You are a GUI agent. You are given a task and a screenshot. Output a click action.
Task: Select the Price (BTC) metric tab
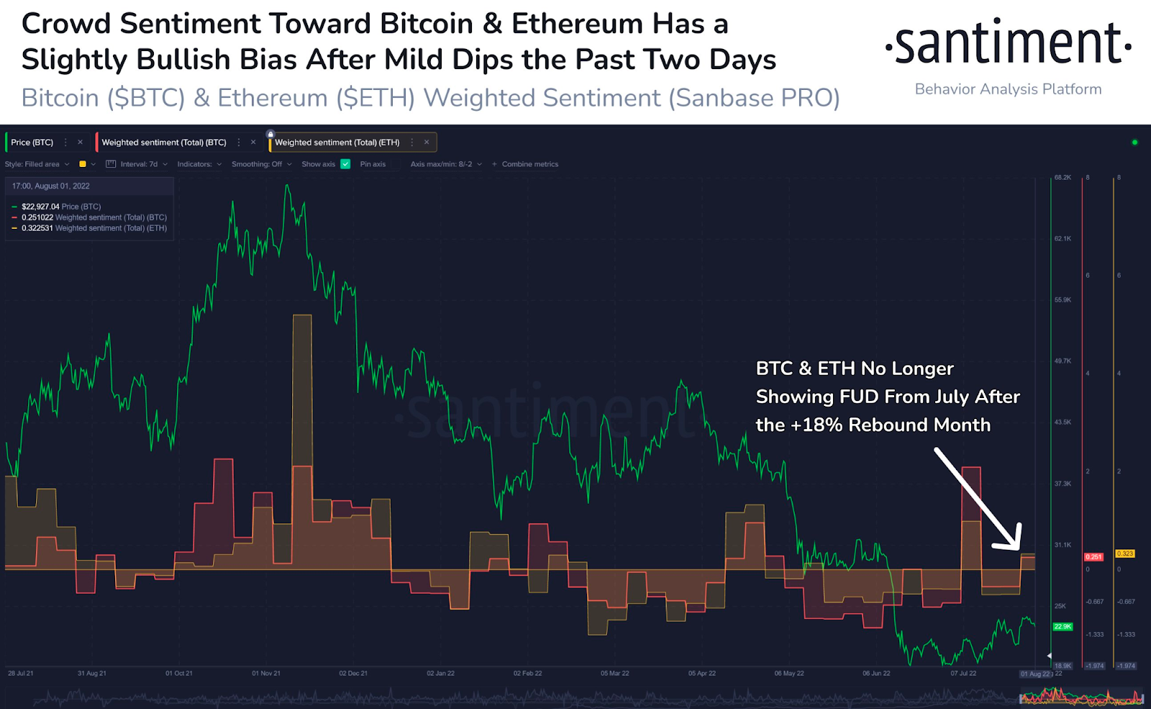coord(32,143)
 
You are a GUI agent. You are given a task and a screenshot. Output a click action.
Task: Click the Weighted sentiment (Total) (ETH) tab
coord(337,143)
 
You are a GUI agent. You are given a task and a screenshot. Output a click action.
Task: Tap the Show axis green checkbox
coord(345,164)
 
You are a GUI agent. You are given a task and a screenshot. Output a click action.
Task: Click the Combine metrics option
coord(529,164)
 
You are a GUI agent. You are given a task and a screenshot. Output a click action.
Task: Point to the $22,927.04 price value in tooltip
coord(40,207)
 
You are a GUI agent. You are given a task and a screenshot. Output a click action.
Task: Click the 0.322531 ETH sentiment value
coord(37,228)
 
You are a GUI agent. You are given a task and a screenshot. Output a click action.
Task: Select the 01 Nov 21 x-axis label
coord(266,674)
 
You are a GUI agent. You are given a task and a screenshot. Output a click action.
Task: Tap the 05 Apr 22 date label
coord(702,674)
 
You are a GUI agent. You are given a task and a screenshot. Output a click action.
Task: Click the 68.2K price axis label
coord(1063,177)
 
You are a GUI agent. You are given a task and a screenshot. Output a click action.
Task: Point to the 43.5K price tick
coord(1063,422)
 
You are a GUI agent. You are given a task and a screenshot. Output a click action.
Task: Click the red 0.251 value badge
coord(1093,556)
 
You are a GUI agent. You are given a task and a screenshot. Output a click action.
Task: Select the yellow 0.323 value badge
coord(1124,554)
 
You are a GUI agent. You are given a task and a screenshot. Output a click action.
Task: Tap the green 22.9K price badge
coord(1063,627)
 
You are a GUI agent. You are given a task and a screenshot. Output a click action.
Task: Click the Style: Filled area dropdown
coord(37,164)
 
